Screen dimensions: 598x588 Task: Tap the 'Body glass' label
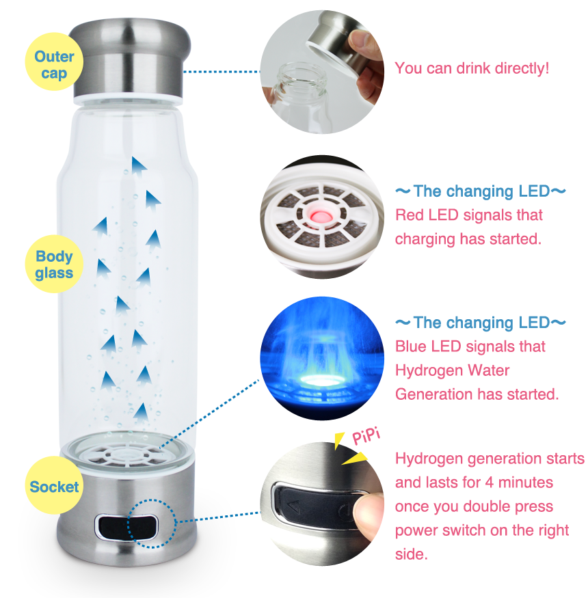pyautogui.click(x=53, y=264)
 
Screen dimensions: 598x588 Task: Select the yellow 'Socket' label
pyautogui.click(x=54, y=487)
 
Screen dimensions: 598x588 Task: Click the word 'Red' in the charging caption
pyautogui.click(x=409, y=215)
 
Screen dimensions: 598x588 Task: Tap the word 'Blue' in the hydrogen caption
pyautogui.click(x=410, y=346)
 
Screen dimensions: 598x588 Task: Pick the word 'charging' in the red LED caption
pyautogui.click(x=425, y=239)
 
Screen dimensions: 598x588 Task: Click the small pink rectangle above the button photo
pyautogui.click(x=366, y=435)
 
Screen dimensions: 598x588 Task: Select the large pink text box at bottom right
pyautogui.click(x=489, y=495)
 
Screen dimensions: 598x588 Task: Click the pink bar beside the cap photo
pyautogui.click(x=471, y=69)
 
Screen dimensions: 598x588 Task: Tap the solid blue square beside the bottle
pyautogui.click(x=228, y=405)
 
